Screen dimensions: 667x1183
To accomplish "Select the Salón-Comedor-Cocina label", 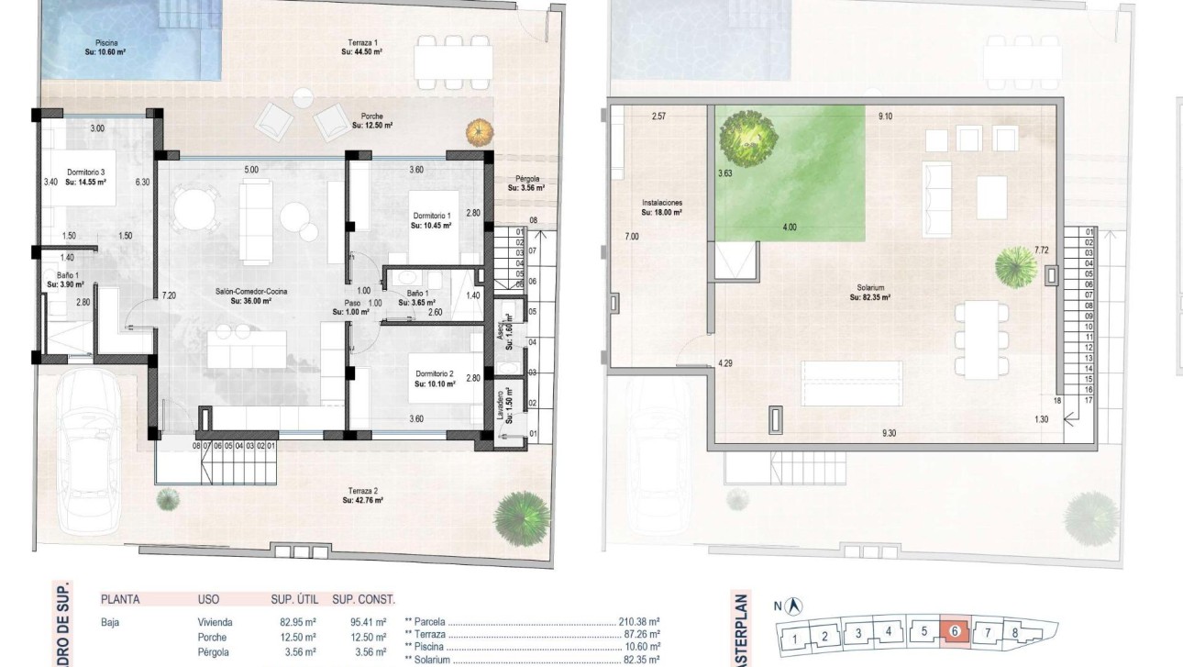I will pyautogui.click(x=251, y=295).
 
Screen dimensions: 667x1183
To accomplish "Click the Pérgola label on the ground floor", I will pyautogui.click(x=526, y=183).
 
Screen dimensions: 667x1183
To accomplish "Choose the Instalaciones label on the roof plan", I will pyautogui.click(x=661, y=207).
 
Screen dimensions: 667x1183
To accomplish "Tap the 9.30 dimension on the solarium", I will pyautogui.click(x=889, y=433).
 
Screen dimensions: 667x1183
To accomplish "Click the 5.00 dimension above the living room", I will pyautogui.click(x=251, y=170).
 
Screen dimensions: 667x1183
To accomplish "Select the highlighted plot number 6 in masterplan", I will pyautogui.click(x=955, y=631).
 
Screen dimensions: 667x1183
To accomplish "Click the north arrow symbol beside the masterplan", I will pyautogui.click(x=795, y=606).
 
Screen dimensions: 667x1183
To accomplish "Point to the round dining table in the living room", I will pyautogui.click(x=195, y=210).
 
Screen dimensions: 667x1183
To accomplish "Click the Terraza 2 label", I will pyautogui.click(x=362, y=495).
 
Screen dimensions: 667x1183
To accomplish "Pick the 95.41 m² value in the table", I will pyautogui.click(x=370, y=622).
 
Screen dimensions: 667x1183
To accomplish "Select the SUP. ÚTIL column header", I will pyautogui.click(x=293, y=600).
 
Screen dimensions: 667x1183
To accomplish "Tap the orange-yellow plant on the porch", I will pyautogui.click(x=478, y=131).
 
